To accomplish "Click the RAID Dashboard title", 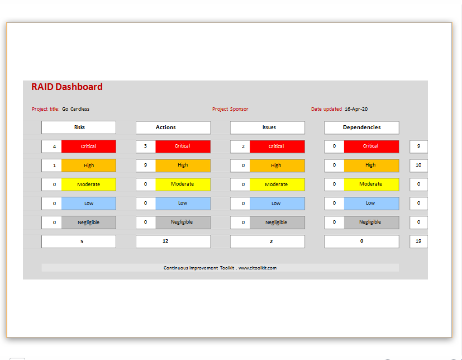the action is [67, 87].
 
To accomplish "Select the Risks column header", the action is [79, 127].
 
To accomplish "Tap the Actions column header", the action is [173, 127].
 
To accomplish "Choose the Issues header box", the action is [268, 127].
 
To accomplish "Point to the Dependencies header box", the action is [362, 127].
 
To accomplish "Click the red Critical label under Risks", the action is [89, 146].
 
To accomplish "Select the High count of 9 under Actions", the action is [146, 165].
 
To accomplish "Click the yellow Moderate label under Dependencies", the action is [371, 184].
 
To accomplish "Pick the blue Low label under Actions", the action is [183, 203].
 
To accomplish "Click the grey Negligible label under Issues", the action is [277, 222].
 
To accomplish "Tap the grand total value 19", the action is [418, 241].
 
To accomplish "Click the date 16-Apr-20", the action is [356, 109].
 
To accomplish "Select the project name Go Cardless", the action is [76, 109].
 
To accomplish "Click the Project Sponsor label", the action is [230, 109].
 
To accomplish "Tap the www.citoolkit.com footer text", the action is [258, 268].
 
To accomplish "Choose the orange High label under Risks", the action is [89, 165].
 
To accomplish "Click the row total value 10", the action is [418, 165].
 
